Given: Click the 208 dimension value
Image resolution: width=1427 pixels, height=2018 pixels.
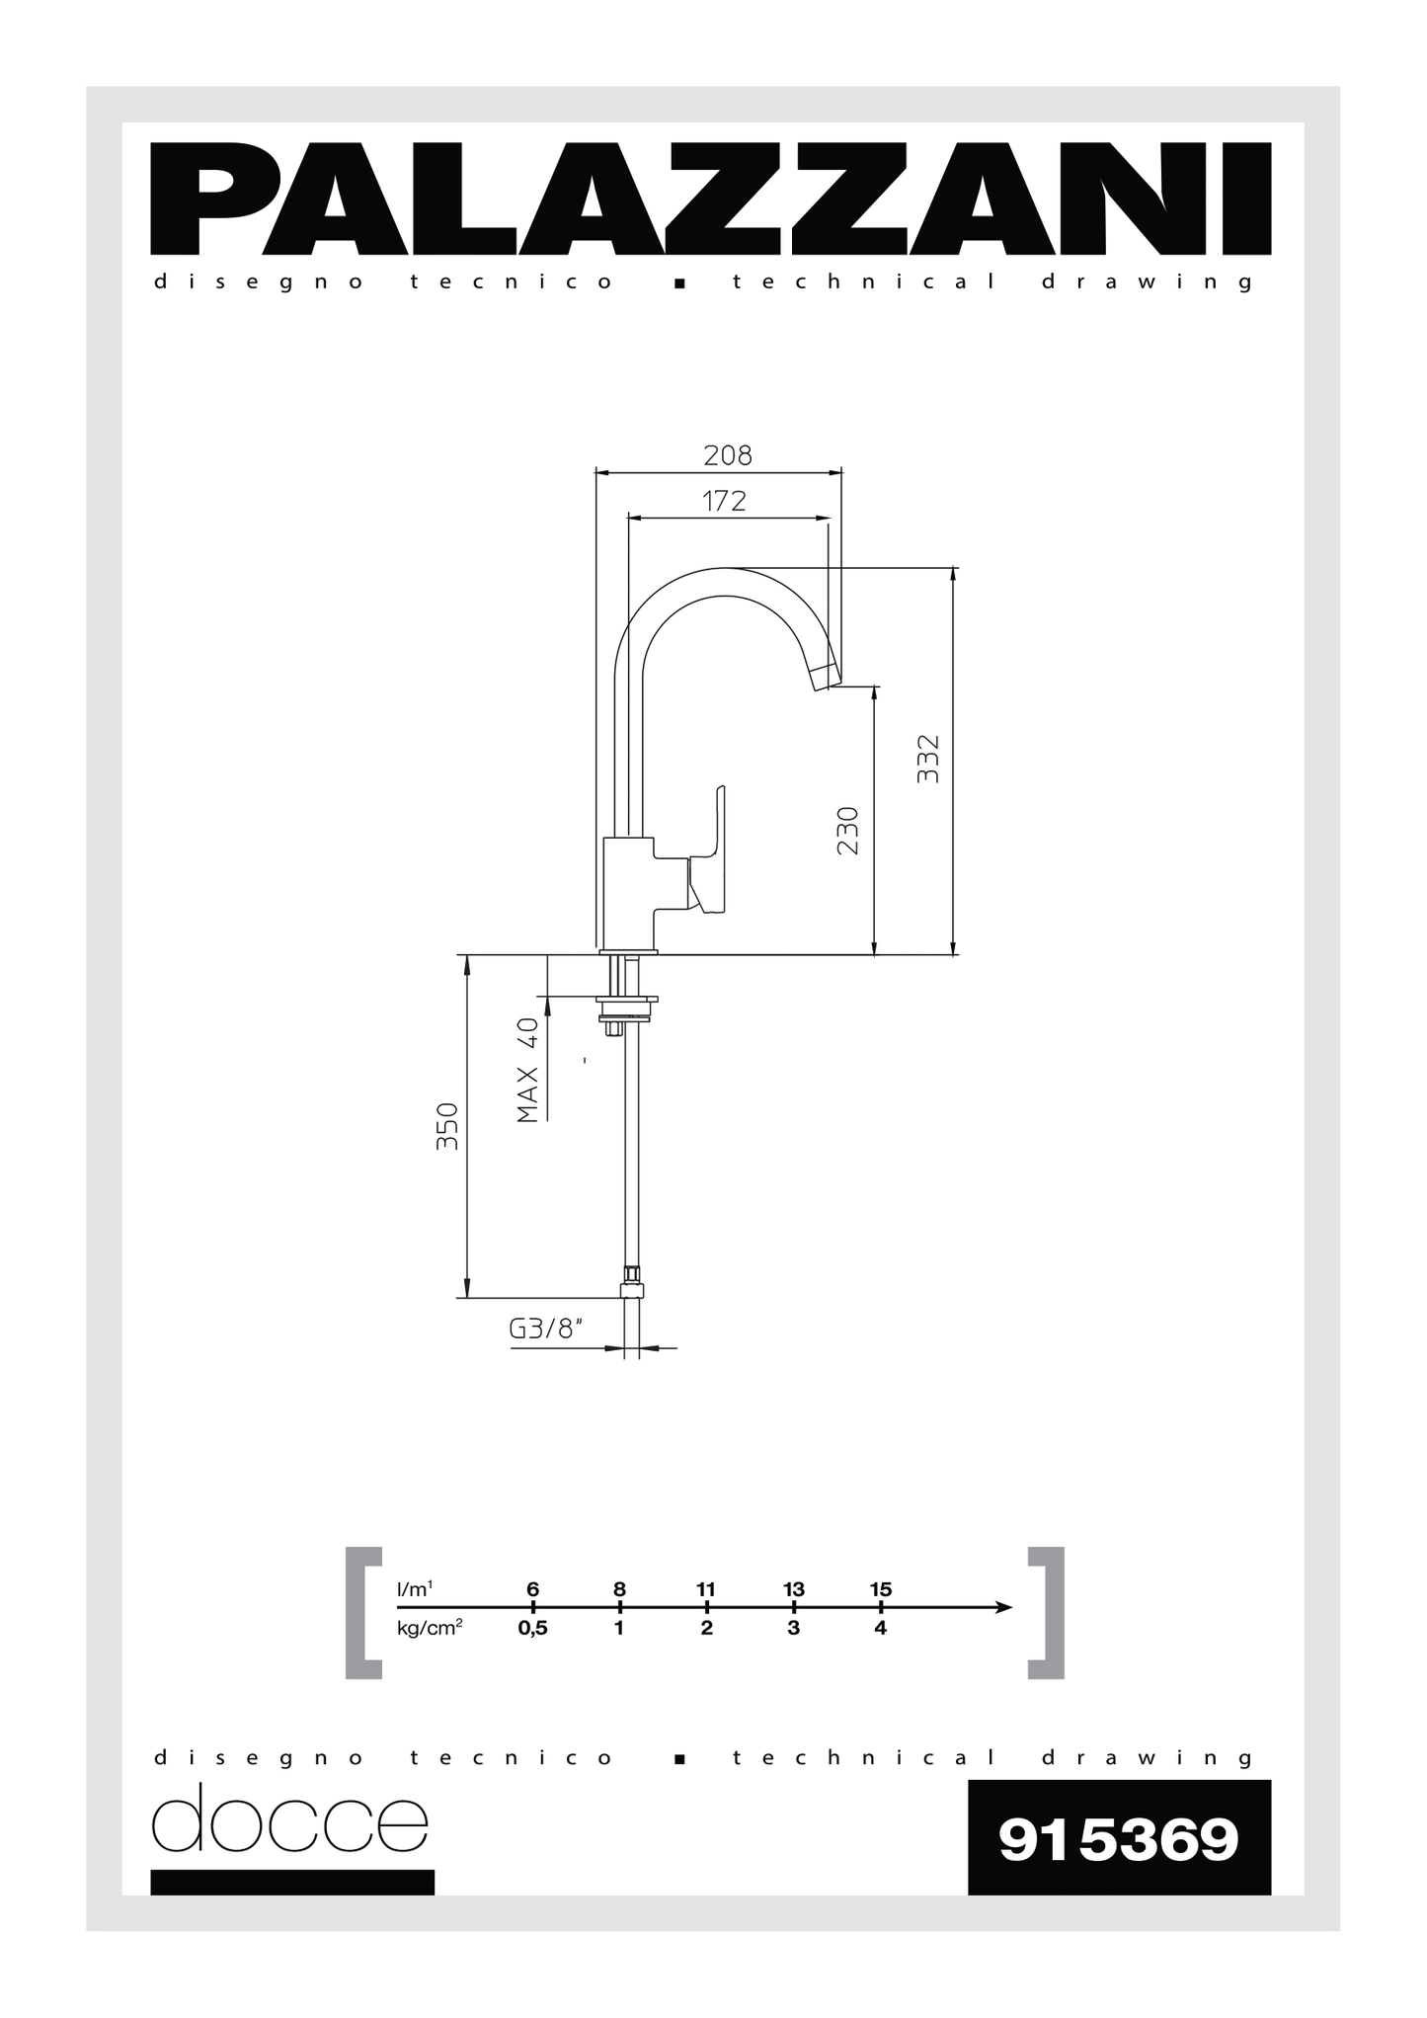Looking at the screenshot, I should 727,455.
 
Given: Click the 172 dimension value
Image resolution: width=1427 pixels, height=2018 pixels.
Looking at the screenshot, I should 724,502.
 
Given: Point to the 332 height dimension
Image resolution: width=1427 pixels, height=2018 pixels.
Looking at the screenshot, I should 928,759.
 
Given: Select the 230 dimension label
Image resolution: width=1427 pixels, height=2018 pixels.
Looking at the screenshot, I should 847,831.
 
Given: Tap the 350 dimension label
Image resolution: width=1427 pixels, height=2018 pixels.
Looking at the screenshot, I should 447,1125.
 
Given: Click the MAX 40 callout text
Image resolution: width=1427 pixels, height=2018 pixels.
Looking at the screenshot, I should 528,1071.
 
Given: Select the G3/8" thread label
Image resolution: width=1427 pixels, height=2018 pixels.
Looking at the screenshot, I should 545,1329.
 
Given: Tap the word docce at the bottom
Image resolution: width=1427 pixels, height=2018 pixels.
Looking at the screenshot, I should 289,1820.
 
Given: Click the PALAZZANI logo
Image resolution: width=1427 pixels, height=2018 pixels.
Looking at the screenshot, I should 710,199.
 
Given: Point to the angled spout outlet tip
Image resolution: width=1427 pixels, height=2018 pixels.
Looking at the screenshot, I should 826,678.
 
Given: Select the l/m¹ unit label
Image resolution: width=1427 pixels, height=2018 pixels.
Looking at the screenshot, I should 415,1589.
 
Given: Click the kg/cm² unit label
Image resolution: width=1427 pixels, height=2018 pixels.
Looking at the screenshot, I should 430,1627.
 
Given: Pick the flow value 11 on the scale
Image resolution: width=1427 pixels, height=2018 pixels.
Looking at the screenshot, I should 705,1588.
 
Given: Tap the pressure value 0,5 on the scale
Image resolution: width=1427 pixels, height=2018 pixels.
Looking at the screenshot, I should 532,1628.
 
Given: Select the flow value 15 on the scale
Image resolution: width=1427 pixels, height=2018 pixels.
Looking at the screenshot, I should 881,1588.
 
